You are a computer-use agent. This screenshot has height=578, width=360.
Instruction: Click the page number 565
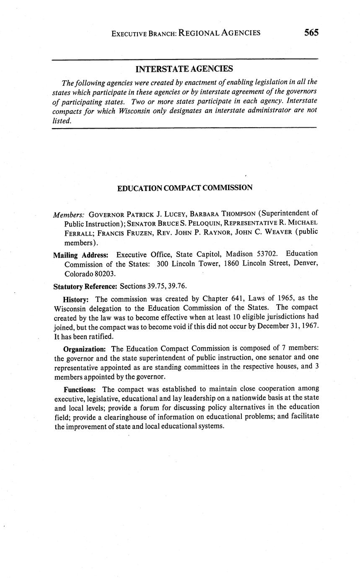tap(311, 32)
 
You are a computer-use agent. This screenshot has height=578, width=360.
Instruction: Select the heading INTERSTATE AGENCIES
tap(184, 69)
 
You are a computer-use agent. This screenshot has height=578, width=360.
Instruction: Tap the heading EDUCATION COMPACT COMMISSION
tap(184, 188)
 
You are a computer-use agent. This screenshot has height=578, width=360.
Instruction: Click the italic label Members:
tap(69, 214)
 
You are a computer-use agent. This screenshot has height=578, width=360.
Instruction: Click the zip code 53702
tap(267, 254)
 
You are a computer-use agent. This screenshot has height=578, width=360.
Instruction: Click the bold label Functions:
tap(80, 389)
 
